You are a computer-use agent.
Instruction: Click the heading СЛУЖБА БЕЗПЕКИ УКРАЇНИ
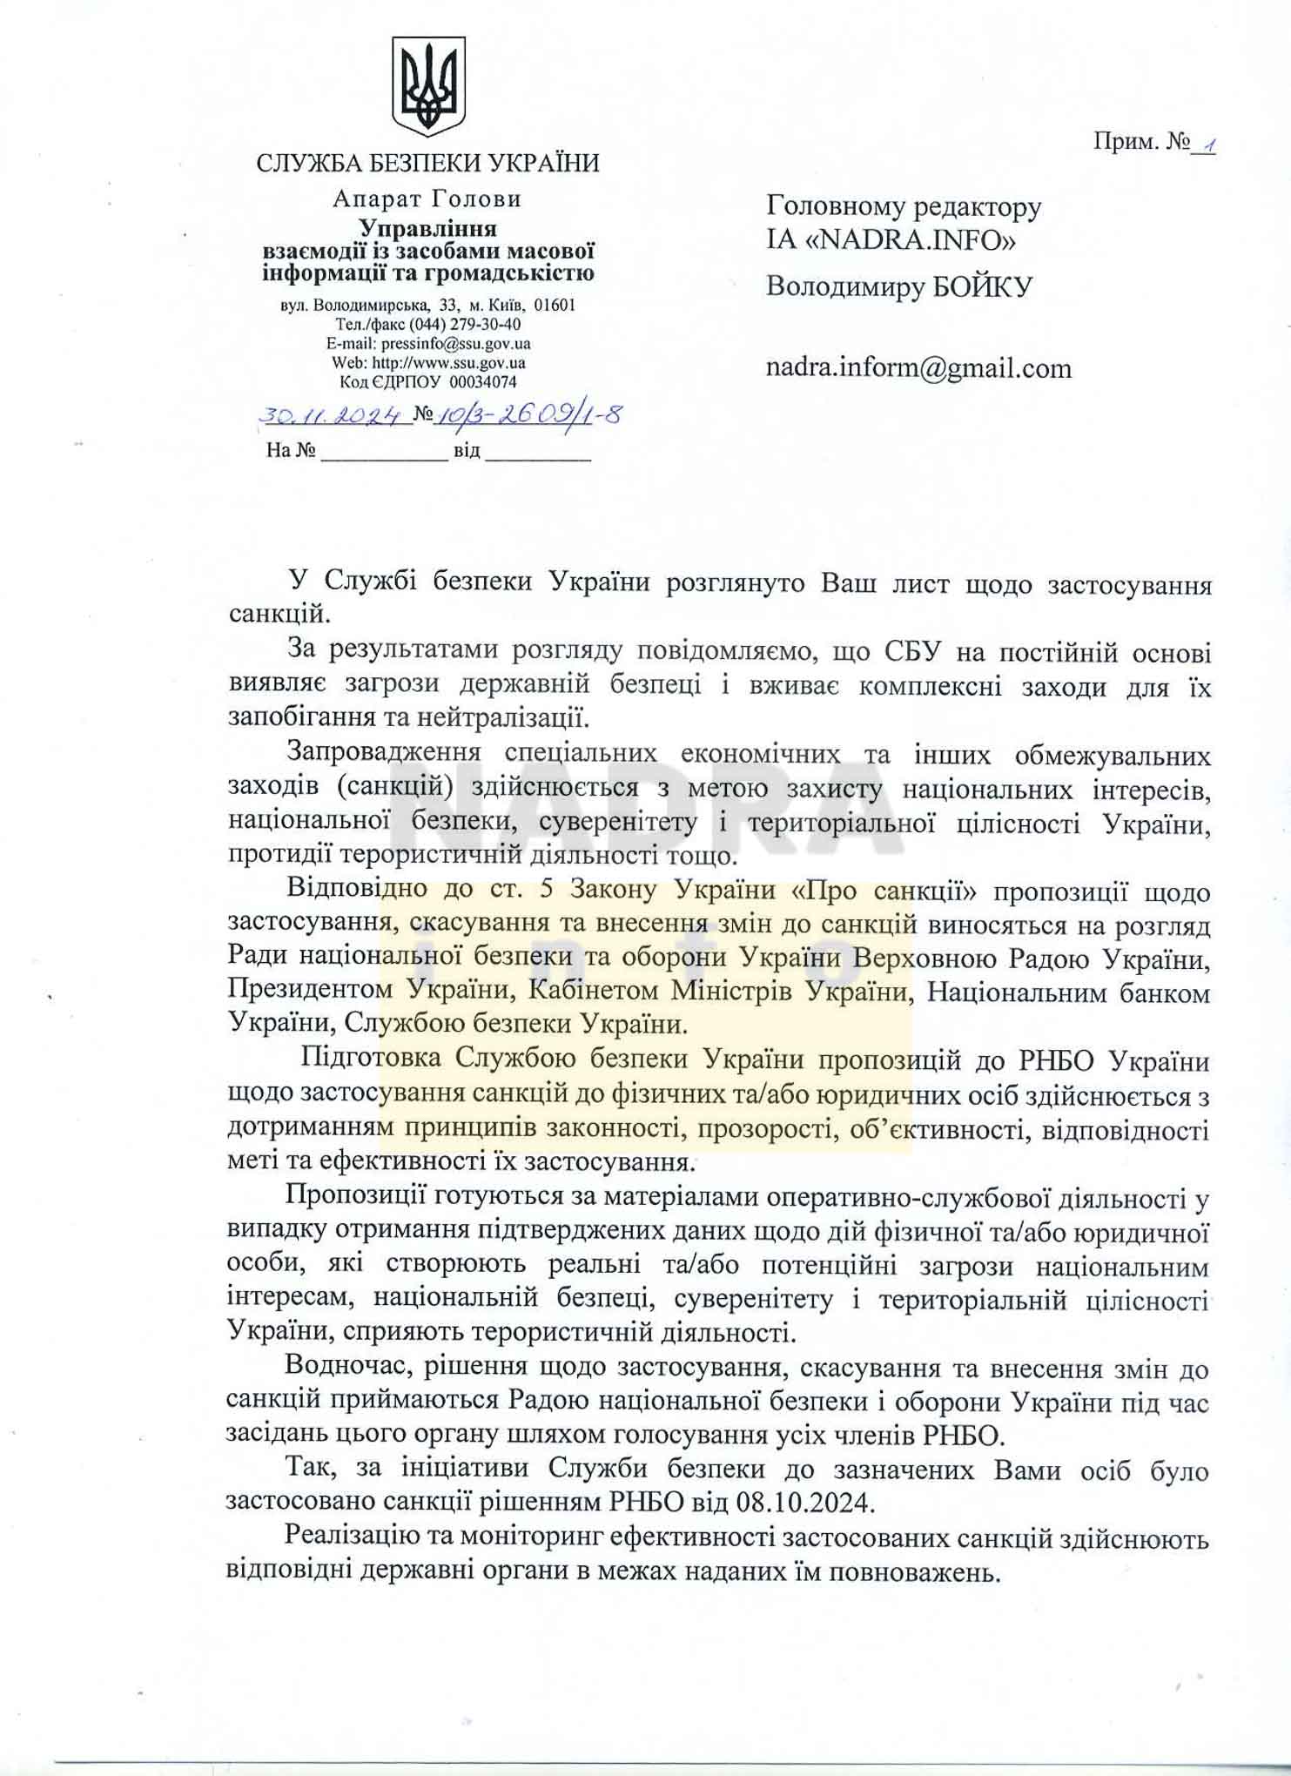pyautogui.click(x=427, y=163)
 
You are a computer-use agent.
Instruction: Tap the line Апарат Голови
pyautogui.click(x=427, y=199)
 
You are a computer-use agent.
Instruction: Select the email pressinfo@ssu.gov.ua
pyautogui.click(x=455, y=344)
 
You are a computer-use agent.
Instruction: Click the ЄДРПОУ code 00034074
pyautogui.click(x=482, y=382)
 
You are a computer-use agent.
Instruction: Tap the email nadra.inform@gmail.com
pyautogui.click(x=918, y=368)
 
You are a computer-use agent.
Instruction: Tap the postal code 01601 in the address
pyautogui.click(x=555, y=306)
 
